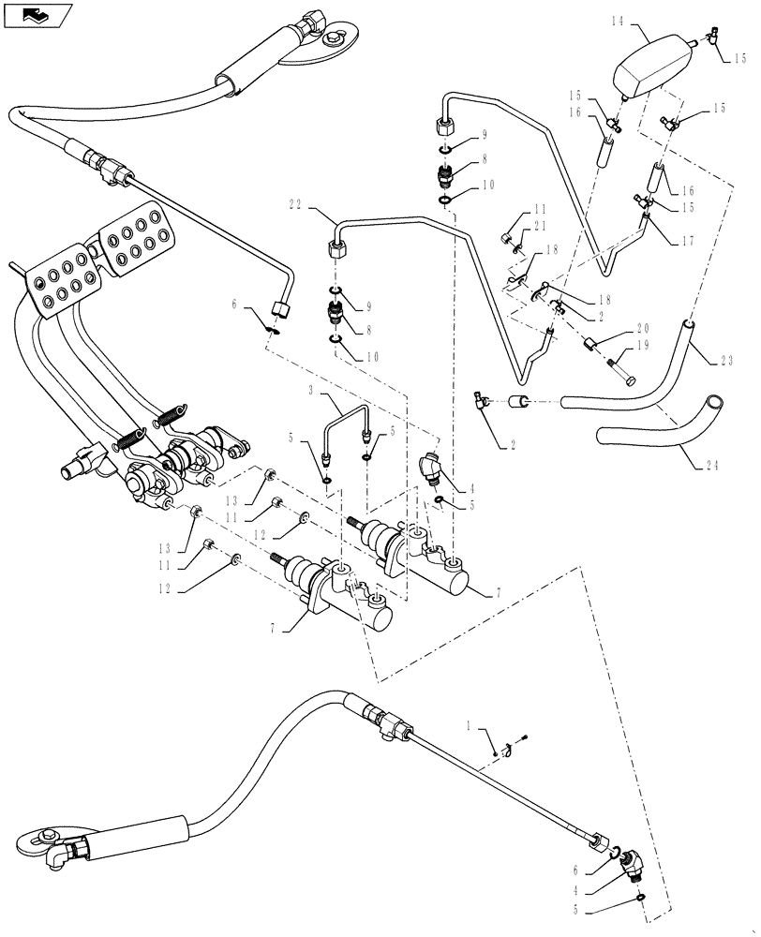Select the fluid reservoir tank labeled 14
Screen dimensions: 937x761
[651, 64]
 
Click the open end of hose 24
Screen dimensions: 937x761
[715, 403]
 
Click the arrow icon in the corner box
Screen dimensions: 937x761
[36, 14]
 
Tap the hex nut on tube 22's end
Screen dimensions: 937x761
[336, 249]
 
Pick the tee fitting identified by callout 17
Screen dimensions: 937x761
[647, 219]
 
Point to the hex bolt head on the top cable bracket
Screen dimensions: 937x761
[334, 38]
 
